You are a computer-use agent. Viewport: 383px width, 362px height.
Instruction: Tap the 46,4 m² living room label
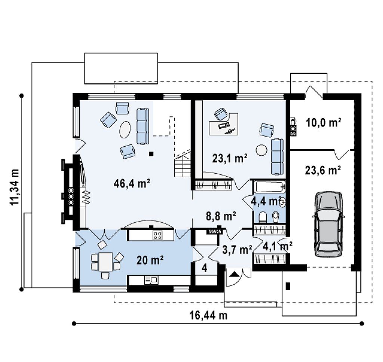click(132, 183)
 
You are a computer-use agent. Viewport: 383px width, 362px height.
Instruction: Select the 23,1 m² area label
click(230, 159)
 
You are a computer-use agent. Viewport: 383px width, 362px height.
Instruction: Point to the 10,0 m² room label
click(324, 123)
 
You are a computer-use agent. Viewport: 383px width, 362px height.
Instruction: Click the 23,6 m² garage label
click(323, 170)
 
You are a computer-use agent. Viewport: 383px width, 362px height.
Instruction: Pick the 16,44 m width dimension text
click(208, 315)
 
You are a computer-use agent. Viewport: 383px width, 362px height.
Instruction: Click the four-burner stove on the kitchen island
click(157, 235)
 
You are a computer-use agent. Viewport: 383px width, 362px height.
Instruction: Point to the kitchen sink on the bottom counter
click(151, 280)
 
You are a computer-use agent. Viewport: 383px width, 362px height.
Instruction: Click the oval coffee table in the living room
click(125, 130)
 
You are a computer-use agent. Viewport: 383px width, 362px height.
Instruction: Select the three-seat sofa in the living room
click(143, 126)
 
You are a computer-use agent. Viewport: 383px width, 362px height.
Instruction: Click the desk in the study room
click(224, 124)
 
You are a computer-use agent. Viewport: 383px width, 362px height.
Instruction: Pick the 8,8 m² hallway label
click(221, 216)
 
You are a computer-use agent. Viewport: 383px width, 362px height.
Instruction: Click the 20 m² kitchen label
click(150, 260)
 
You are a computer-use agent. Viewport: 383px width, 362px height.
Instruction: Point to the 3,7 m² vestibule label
click(237, 250)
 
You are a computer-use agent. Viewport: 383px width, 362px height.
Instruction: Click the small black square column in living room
click(151, 154)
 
